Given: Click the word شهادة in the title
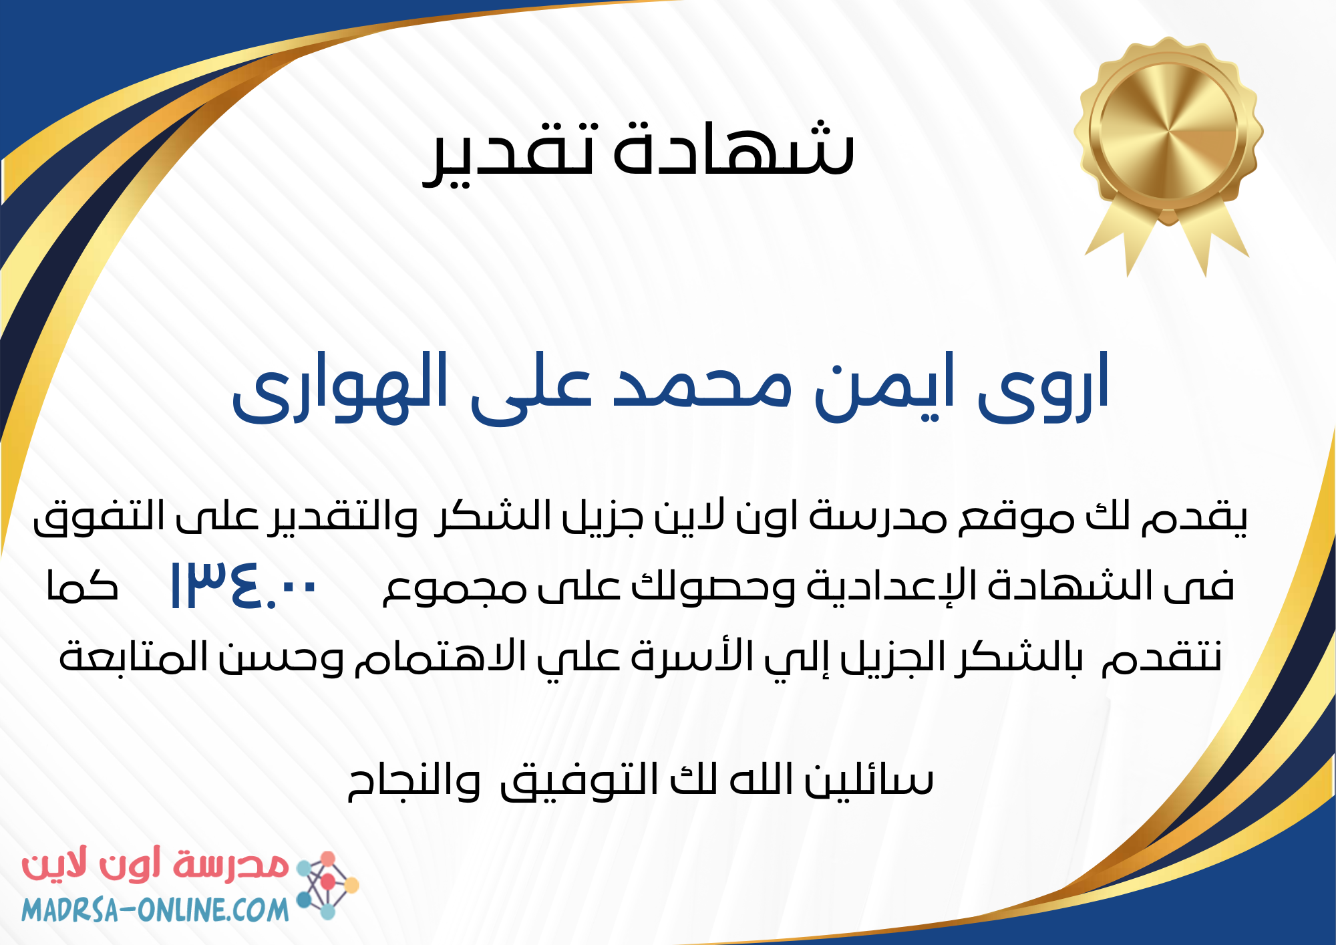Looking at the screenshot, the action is tap(734, 147).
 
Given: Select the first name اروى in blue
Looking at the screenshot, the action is tap(1043, 387).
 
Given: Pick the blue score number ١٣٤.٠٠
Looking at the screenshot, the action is tap(243, 585).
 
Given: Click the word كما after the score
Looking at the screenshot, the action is tap(82, 585).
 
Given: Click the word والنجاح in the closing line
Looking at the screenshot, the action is tap(414, 781).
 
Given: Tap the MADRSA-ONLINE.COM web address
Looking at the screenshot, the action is tap(155, 910).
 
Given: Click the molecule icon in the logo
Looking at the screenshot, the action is tap(327, 886).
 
